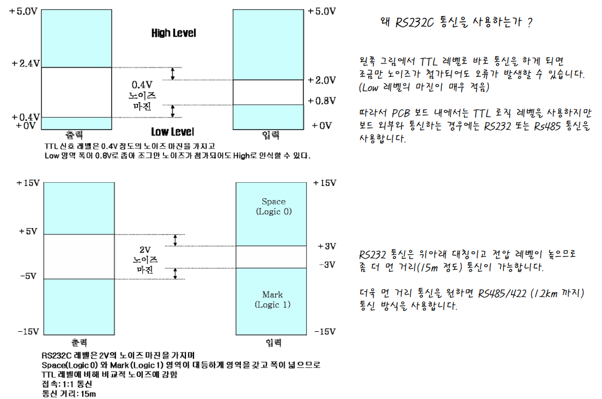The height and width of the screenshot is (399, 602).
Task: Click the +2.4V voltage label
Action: click(x=26, y=63)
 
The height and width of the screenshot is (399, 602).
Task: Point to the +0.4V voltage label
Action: click(x=26, y=117)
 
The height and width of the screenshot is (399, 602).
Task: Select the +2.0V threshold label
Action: click(x=322, y=80)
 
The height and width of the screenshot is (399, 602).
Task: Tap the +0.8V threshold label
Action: click(x=322, y=101)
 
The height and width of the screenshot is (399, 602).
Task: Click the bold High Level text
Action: click(x=174, y=33)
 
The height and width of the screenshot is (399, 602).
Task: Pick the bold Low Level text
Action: click(x=173, y=132)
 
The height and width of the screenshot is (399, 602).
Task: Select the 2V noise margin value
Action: click(x=145, y=250)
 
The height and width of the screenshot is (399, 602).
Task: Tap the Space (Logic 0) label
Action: click(x=274, y=206)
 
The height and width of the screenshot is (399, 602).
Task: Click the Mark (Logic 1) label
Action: click(x=273, y=300)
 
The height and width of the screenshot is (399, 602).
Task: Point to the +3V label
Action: click(x=327, y=246)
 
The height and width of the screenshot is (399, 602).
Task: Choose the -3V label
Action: click(x=327, y=265)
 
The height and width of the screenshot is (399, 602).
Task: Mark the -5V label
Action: click(x=27, y=276)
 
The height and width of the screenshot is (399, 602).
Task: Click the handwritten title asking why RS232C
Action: click(x=456, y=23)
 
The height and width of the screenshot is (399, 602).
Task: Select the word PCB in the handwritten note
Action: click(x=400, y=113)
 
